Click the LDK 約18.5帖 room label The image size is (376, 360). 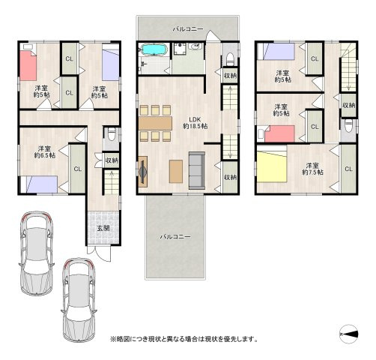point(195,123)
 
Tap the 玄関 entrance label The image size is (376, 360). point(103,228)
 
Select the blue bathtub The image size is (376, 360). point(154,49)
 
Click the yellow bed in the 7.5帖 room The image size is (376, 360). point(272,168)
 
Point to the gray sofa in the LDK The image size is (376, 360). point(197,170)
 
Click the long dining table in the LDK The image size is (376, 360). point(156,123)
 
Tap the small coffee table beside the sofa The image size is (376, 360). point(176,172)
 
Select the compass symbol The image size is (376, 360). point(349,334)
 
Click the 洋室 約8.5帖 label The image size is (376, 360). point(45,151)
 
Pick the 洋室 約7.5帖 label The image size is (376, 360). point(312,169)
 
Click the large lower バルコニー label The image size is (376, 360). point(175,236)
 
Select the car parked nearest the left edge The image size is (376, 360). point(37,253)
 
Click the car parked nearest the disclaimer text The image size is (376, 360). point(79,300)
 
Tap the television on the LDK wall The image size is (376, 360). point(143,172)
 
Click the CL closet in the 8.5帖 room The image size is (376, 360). point(78,169)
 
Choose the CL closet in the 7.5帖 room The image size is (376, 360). point(348,169)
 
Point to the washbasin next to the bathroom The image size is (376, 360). point(196,46)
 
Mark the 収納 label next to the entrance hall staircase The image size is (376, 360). point(112,160)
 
